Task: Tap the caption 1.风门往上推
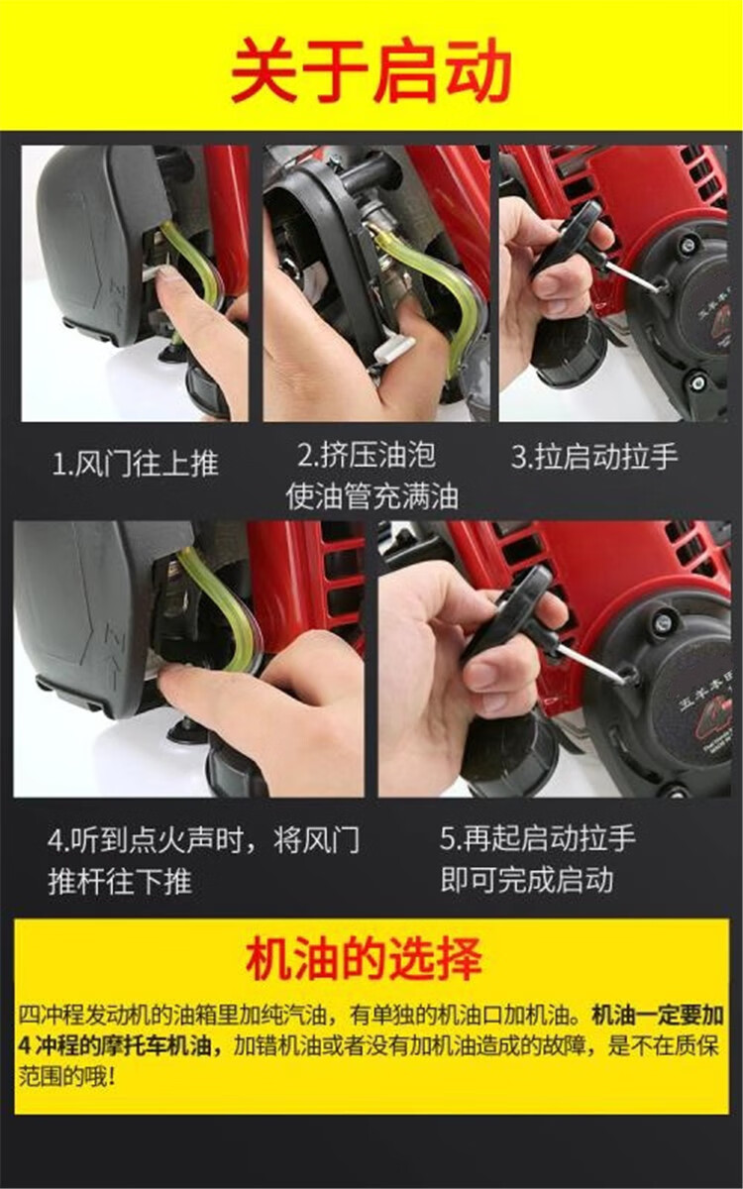(x=136, y=463)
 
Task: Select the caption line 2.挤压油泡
(x=367, y=455)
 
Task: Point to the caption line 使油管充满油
(x=372, y=496)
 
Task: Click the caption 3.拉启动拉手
(x=595, y=457)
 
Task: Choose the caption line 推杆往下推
(x=120, y=882)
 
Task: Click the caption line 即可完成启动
(x=527, y=880)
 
